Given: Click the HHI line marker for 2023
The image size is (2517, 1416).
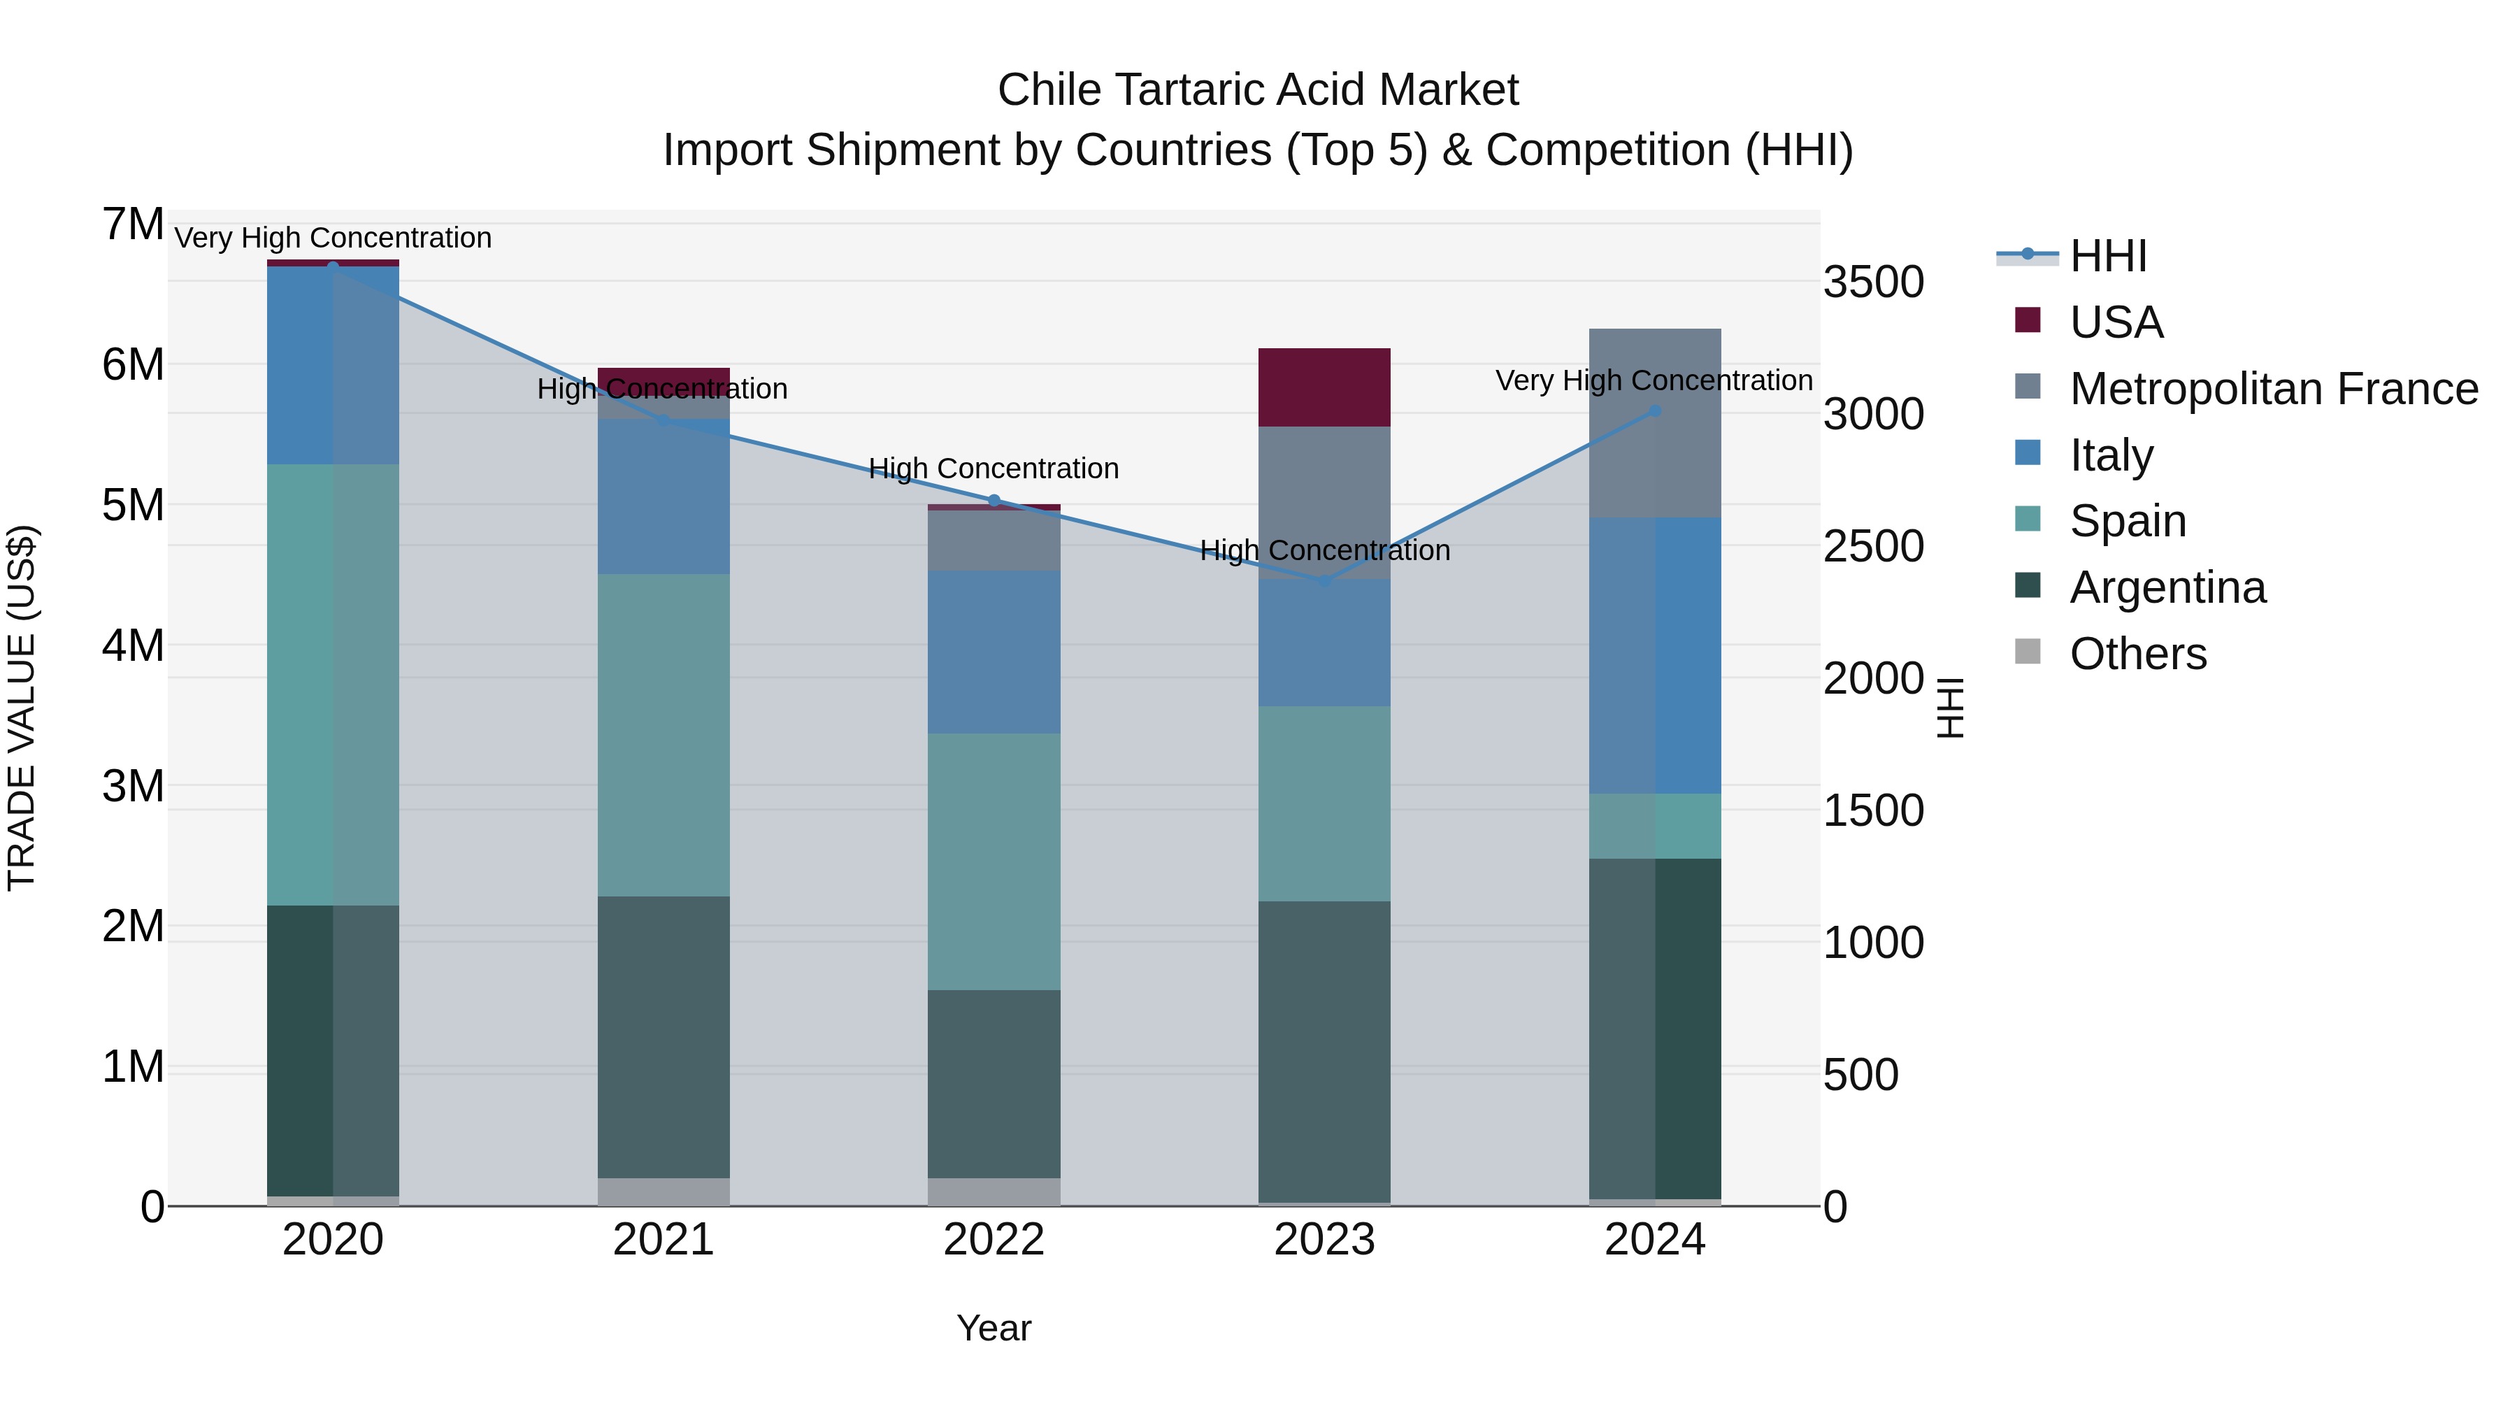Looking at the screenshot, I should (1324, 582).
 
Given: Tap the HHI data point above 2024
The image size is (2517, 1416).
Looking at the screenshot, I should (1654, 411).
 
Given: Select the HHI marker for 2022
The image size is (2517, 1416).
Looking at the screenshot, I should (994, 501).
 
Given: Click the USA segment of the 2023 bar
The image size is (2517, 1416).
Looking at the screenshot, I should (1324, 387).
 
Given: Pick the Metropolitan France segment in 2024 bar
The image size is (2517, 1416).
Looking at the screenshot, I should (1654, 423).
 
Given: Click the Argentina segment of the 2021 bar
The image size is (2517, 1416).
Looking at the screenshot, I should (664, 1037).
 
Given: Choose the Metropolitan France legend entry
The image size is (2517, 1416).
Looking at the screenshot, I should (2273, 389).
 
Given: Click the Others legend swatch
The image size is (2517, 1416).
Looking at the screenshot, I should (2028, 652).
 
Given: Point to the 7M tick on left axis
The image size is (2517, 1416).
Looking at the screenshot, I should (134, 224).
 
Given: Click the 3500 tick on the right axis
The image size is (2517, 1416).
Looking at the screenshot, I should (1873, 283).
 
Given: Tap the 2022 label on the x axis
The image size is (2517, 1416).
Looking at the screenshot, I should (994, 1240).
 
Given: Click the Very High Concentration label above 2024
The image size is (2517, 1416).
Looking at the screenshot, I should (1654, 380).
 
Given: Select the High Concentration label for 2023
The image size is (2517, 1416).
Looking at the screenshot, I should (1324, 550).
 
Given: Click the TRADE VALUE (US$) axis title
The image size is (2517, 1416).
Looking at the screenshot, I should (22, 708).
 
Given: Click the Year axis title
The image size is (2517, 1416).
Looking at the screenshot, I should (994, 1328).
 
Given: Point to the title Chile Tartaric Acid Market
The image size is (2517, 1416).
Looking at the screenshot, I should (1258, 90).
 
